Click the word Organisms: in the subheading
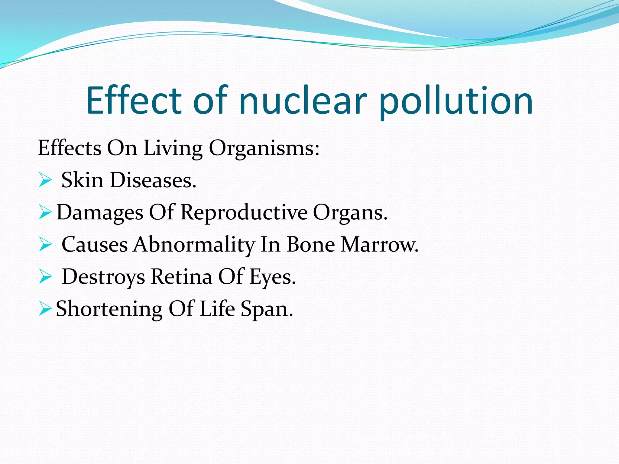click(264, 149)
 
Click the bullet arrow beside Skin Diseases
click(45, 181)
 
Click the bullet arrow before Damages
click(45, 213)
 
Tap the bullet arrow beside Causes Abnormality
click(45, 245)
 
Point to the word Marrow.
click(380, 245)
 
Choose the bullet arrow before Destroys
click(45, 277)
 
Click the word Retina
click(181, 277)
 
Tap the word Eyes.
click(272, 277)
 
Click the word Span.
click(267, 310)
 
